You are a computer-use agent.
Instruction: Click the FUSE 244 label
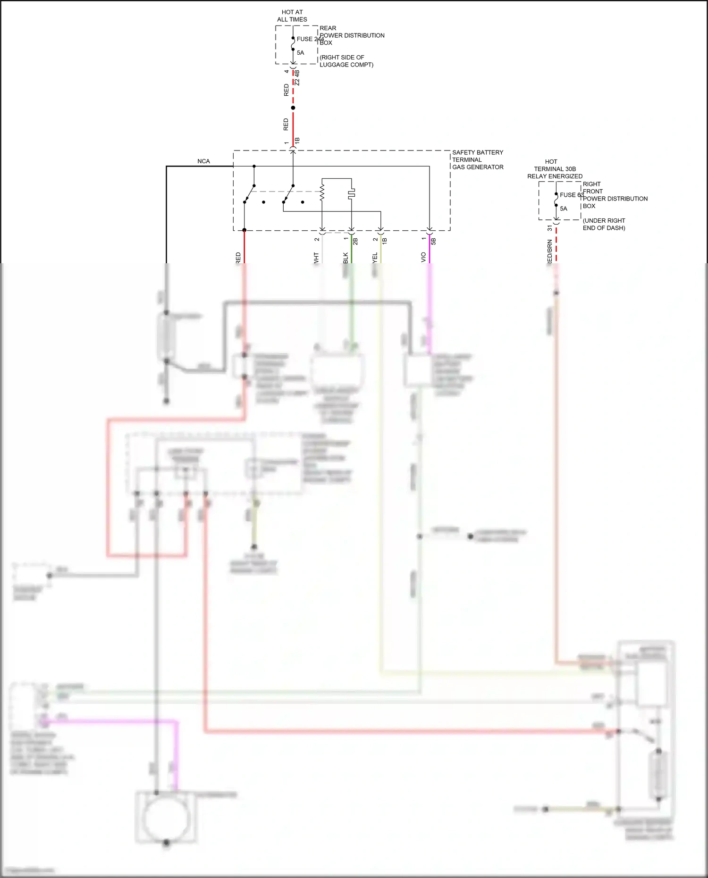(310, 39)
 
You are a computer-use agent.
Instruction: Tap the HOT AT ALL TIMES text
(292, 16)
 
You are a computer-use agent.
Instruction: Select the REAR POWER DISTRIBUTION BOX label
(352, 35)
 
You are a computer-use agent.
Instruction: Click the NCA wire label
(203, 161)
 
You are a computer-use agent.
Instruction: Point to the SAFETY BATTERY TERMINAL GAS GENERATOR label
(477, 159)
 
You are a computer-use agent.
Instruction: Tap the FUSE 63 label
(571, 195)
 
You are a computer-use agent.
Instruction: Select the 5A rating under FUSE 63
(564, 209)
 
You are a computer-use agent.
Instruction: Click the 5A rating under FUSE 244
(300, 53)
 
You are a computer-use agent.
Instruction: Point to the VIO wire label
(423, 257)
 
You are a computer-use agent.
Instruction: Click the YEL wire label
(375, 258)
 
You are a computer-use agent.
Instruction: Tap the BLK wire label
(346, 258)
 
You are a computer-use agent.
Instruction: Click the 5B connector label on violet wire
(433, 241)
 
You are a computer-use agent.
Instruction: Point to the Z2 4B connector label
(297, 78)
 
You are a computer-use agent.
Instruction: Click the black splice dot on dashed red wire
(293, 108)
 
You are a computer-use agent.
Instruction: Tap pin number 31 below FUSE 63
(549, 228)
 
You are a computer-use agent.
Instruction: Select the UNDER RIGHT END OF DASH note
(604, 224)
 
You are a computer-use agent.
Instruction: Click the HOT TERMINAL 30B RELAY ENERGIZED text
(555, 169)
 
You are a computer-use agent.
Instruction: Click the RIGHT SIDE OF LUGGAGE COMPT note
(346, 61)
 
